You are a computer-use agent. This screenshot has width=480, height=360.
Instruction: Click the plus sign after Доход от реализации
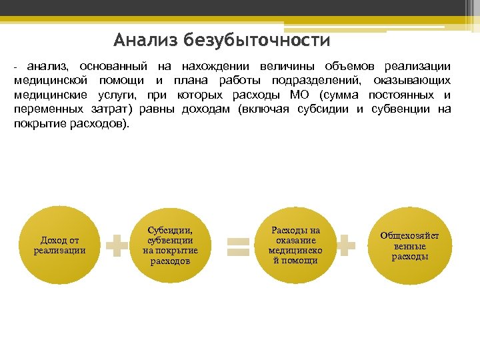[x=117, y=245]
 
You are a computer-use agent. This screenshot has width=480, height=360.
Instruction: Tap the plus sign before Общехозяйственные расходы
[x=345, y=245]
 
